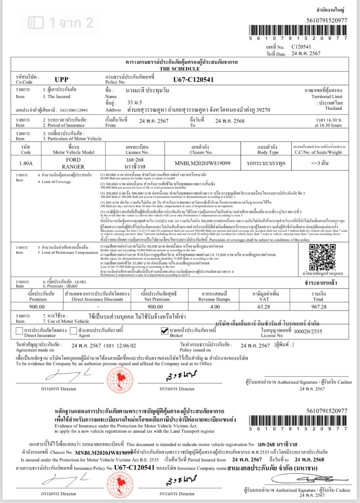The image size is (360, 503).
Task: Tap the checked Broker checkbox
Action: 165,332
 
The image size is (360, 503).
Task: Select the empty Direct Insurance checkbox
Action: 19,332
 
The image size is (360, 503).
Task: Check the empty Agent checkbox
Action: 73,332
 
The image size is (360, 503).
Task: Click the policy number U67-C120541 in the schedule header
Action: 193,79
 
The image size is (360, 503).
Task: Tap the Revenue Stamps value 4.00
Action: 215,307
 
